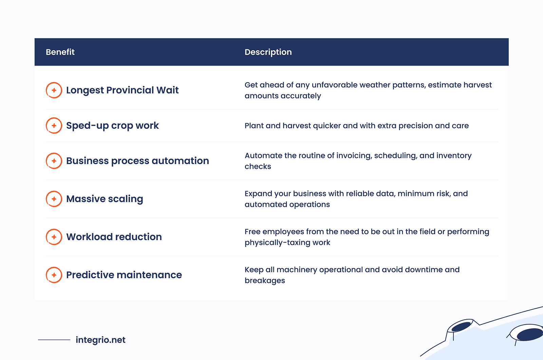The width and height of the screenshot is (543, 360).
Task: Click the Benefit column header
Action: point(60,52)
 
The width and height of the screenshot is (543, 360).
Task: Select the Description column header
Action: point(268,52)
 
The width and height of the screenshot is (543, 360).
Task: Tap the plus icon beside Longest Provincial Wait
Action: point(54,90)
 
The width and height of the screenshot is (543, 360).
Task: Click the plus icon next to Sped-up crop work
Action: point(54,125)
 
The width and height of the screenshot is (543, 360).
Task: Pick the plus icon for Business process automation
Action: point(54,161)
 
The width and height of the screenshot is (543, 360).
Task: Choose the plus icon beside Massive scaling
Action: point(54,199)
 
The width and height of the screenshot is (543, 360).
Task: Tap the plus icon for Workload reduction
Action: point(54,237)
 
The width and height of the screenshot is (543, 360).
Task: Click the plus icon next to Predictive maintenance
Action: point(54,275)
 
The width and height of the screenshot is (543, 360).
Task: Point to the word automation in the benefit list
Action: point(180,161)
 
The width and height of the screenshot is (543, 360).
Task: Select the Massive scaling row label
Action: point(105,199)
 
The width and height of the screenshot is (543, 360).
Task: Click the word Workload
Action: point(89,237)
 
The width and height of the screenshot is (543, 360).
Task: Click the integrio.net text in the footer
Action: point(100,340)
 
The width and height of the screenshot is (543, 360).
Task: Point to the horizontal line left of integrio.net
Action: point(54,340)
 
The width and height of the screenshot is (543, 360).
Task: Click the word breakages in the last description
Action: point(265,281)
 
